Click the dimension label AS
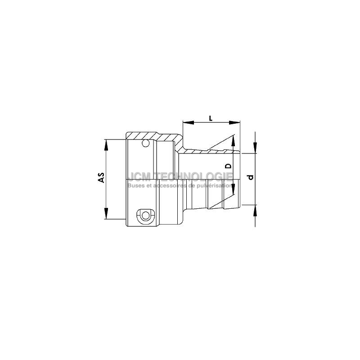click(x=102, y=177)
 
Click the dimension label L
click(x=211, y=118)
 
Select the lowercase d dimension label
click(x=251, y=177)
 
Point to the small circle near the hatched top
click(x=145, y=144)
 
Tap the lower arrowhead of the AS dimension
click(x=107, y=213)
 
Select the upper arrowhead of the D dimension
click(x=233, y=141)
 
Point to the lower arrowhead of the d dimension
click(x=255, y=210)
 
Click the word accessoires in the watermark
click(x=168, y=185)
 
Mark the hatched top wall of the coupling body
click(x=153, y=135)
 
